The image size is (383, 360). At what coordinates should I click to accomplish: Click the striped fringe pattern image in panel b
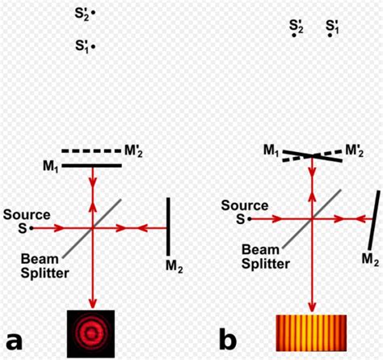click(311, 333)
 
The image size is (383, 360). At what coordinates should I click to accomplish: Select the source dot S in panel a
click(32, 228)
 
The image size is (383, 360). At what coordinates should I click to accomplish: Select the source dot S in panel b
click(250, 218)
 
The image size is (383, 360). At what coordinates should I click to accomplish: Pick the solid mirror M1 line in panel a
click(91, 165)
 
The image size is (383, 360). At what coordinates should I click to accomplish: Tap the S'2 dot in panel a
click(94, 14)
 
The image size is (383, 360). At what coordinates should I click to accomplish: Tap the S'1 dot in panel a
click(94, 47)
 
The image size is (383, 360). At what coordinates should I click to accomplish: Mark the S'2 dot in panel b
click(296, 36)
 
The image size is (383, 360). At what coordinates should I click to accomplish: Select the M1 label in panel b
click(271, 150)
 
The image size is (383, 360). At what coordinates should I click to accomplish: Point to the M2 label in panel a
click(172, 264)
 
